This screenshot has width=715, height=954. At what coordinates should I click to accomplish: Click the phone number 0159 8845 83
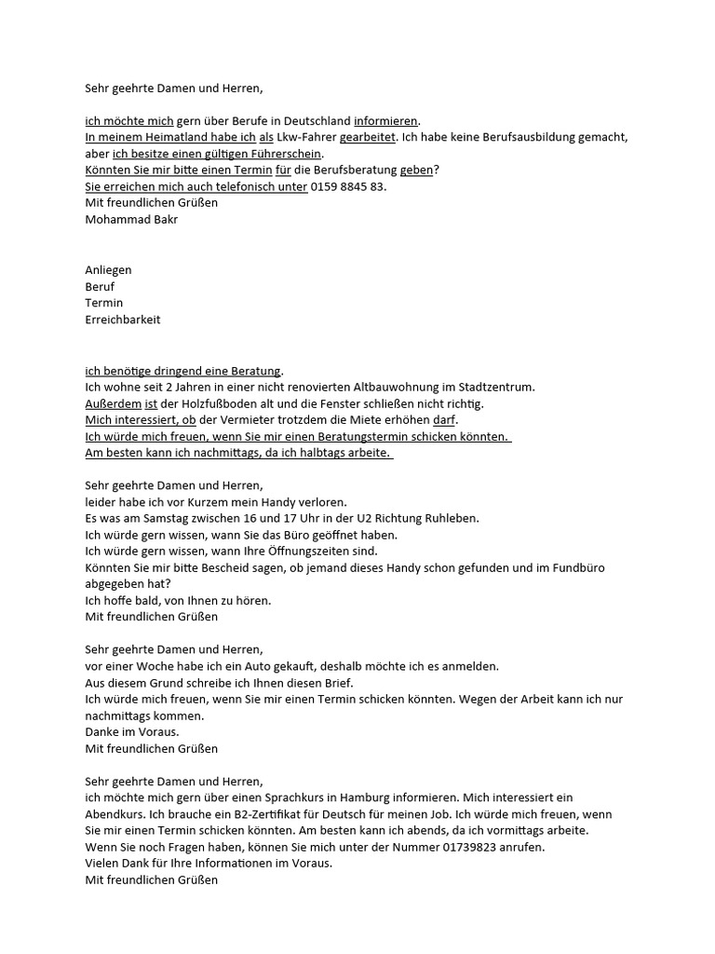pos(347,186)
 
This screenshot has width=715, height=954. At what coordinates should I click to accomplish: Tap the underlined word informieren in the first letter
pos(386,120)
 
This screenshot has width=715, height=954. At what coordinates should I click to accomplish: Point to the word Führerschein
pos(286,154)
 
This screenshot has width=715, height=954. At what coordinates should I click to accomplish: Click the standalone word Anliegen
pos(109,270)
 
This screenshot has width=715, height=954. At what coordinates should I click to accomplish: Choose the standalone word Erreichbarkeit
pos(123,320)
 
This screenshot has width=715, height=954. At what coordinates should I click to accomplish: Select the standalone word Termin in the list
pos(104,304)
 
